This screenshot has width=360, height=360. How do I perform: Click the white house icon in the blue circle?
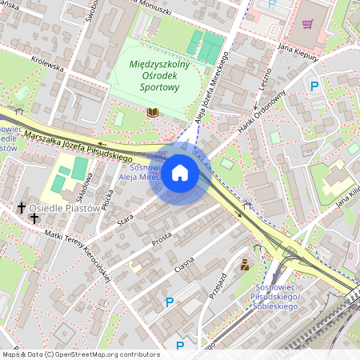point(180,173)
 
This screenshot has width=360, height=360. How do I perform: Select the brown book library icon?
point(153,113)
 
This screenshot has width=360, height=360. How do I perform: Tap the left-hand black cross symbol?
point(22,208)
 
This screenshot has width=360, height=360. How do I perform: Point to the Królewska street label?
point(46,64)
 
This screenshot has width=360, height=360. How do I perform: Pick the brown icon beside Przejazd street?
point(244,264)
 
